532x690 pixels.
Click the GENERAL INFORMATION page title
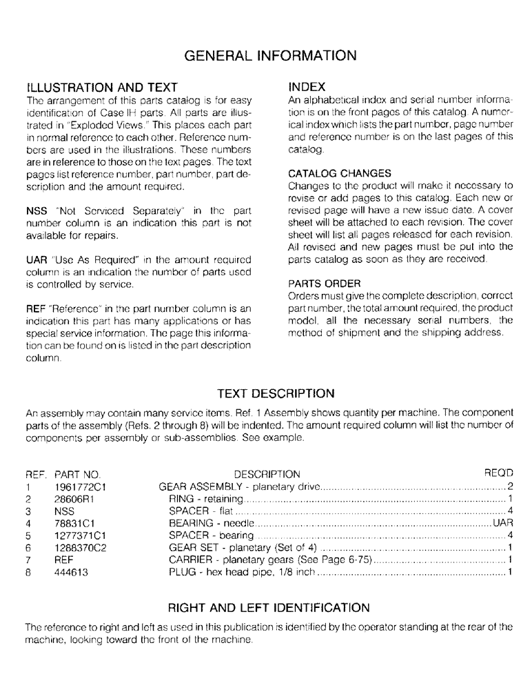(x=266, y=55)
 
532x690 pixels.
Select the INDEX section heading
(x=307, y=88)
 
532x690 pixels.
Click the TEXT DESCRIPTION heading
(x=266, y=394)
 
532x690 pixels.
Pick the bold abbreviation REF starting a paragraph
(x=35, y=308)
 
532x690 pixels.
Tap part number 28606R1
(x=74, y=499)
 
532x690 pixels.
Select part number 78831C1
(x=74, y=524)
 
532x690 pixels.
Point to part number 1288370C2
(x=79, y=548)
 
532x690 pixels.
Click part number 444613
(x=71, y=573)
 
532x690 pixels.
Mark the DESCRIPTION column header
(x=267, y=475)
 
